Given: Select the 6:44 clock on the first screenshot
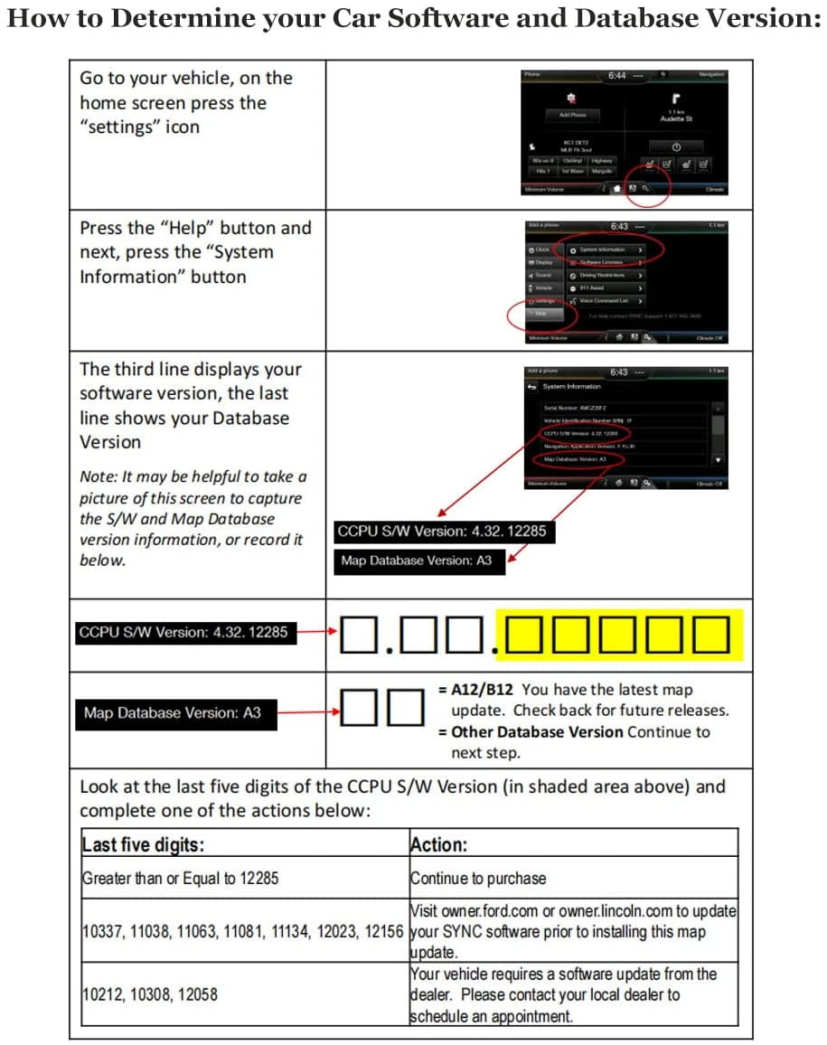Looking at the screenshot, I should pyautogui.click(x=617, y=76).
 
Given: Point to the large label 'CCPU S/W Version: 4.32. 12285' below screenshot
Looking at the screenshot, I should pyautogui.click(x=441, y=531).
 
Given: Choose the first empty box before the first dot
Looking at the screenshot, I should pyautogui.click(x=360, y=635).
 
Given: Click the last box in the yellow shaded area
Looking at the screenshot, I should pyautogui.click(x=711, y=635).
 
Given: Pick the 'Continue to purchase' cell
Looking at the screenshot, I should pyautogui.click(x=478, y=878).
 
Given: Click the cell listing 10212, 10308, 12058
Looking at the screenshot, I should pyautogui.click(x=150, y=994).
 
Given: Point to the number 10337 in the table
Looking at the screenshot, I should pyautogui.click(x=103, y=931).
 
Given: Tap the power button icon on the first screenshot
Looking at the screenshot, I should pyautogui.click(x=676, y=146).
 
